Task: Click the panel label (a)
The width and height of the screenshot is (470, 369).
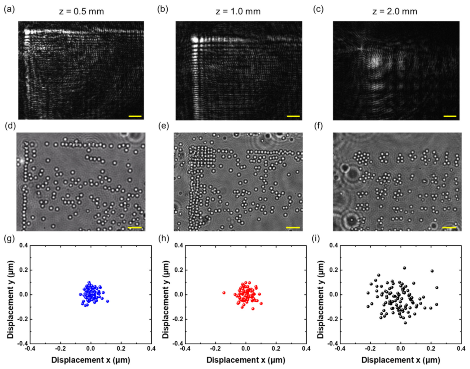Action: coord(9,10)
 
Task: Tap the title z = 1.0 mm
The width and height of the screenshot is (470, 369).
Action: coord(238,12)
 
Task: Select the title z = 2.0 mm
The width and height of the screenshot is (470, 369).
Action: coord(395,12)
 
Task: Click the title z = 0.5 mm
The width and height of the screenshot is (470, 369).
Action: coord(81,12)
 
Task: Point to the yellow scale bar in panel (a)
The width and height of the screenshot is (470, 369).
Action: coord(135,116)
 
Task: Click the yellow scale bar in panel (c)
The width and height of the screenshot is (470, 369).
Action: coord(450,116)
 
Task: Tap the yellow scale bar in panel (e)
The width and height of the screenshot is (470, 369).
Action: coord(292,227)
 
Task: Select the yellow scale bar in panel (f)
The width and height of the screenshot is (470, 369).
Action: coord(449,227)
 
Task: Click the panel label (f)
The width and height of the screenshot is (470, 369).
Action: coord(318,126)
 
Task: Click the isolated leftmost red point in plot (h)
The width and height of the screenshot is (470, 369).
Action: coord(224,293)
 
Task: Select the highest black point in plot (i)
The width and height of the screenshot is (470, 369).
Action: coord(404,268)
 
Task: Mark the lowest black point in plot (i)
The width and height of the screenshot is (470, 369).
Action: coord(405,323)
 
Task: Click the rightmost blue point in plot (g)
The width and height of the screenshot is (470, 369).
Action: coord(107,301)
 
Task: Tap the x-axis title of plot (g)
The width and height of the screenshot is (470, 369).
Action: coord(90,360)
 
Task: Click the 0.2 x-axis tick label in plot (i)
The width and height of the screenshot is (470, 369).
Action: coord(431,349)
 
